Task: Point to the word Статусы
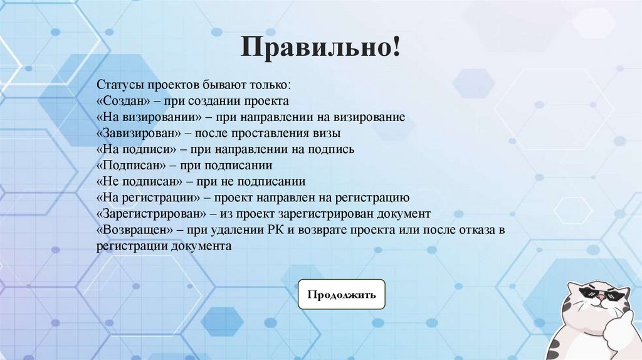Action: click(x=117, y=84)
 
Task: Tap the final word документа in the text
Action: click(x=206, y=247)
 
